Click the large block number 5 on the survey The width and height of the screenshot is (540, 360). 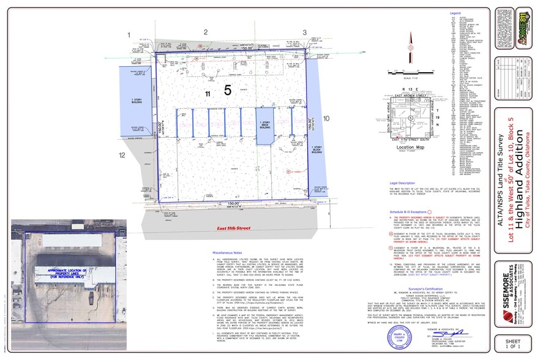(227, 91)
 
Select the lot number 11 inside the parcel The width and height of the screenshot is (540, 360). (208, 94)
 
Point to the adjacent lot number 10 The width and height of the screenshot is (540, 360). (326, 118)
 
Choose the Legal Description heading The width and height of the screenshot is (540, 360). (405, 183)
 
